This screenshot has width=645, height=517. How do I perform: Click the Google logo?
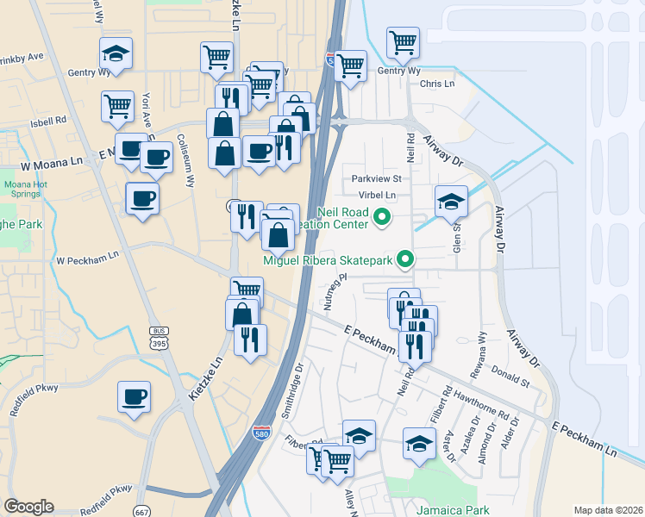29,507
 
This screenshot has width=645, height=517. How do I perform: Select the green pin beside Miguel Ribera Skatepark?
404,258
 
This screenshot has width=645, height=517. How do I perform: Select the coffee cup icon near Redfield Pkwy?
134,397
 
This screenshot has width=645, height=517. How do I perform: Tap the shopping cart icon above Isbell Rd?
117,107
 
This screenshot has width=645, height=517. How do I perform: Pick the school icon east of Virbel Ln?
451,201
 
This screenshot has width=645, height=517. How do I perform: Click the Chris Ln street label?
436,84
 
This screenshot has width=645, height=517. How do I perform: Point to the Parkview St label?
377,178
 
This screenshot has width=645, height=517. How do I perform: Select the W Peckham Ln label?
87,258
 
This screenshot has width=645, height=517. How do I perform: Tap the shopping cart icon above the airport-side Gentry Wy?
403,40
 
